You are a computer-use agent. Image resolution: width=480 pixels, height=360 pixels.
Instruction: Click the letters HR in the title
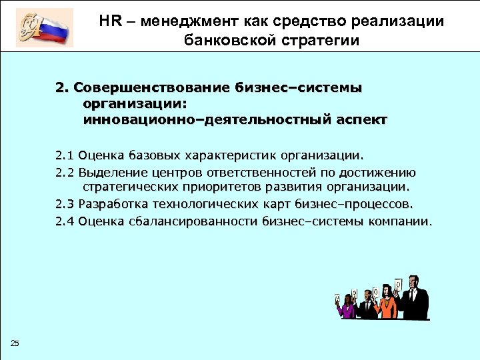(x=110, y=21)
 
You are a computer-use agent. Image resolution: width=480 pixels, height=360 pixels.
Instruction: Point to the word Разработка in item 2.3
(x=113, y=204)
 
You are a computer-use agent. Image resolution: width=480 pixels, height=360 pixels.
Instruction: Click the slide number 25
(x=15, y=343)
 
